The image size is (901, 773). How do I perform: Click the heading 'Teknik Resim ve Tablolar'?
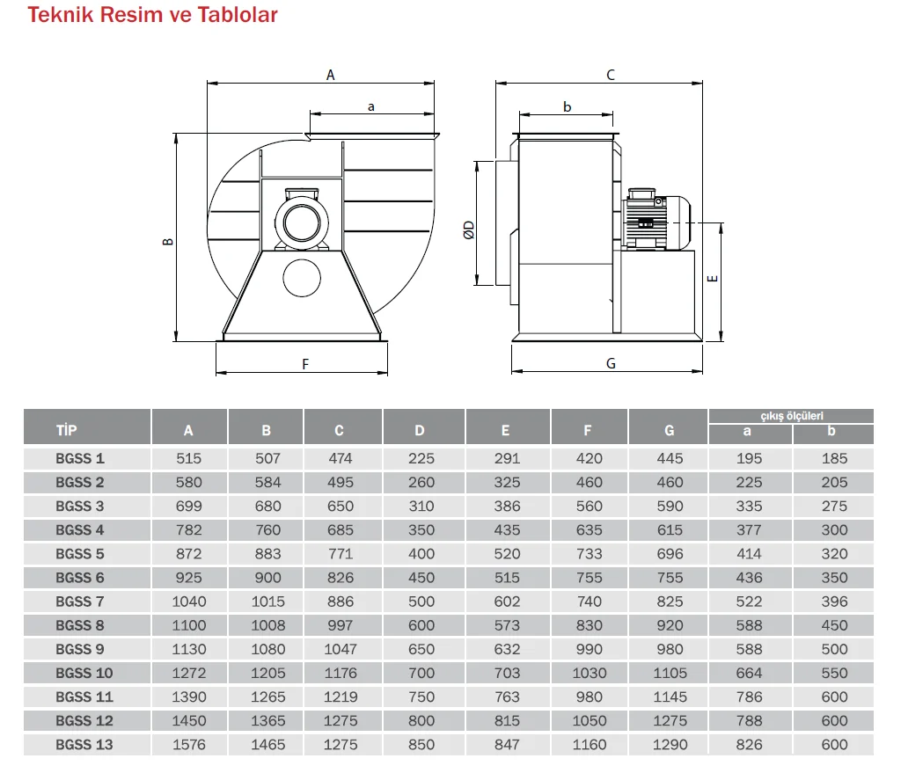pos(152,14)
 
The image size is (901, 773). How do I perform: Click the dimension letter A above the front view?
pos(331,75)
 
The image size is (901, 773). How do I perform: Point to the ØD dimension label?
pos(470,230)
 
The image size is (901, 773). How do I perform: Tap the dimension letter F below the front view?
pos(305,364)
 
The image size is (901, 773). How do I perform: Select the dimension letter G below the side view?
pos(611,363)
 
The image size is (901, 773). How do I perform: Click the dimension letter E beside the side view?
pos(713,279)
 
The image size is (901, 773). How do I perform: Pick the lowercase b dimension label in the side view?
pos(568,106)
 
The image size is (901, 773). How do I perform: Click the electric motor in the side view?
pos(656,219)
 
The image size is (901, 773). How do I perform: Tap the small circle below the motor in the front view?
pos(302,278)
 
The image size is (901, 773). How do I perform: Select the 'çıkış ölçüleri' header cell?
pos(791,416)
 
